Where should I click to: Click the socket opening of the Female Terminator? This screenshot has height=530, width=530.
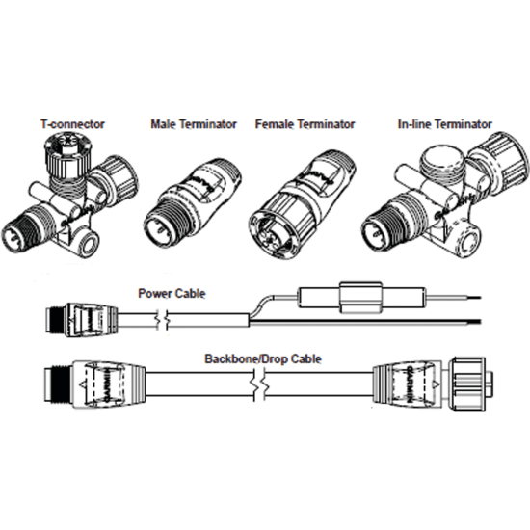point(271,231)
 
